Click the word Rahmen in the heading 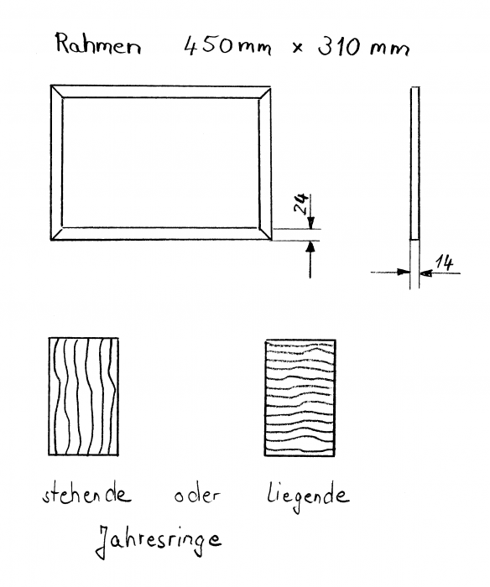click(x=98, y=44)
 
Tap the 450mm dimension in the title click(x=227, y=46)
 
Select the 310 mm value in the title click(x=363, y=47)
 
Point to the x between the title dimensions click(x=298, y=48)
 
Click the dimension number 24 click(x=301, y=203)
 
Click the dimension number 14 click(x=445, y=262)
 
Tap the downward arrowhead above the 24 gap click(x=310, y=222)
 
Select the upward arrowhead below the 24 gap click(x=310, y=247)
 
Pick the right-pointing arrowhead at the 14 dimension click(x=403, y=273)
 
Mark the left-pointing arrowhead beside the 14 click(x=426, y=273)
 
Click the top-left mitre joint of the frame click(x=56, y=91)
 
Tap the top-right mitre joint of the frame click(x=265, y=93)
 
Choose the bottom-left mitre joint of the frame click(x=56, y=234)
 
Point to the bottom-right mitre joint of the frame click(x=265, y=234)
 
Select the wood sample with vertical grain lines click(x=84, y=397)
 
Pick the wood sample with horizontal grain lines click(x=300, y=398)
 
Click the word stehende click(x=86, y=495)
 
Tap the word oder click(x=197, y=495)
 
